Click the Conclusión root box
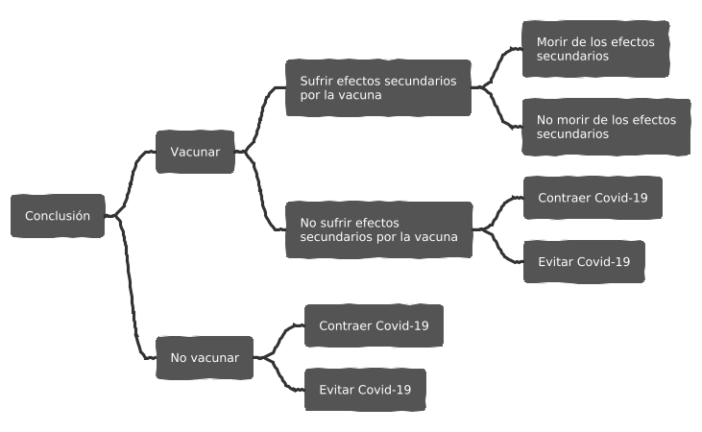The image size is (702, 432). [58, 216]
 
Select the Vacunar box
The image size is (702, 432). [195, 152]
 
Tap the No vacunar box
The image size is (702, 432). [205, 358]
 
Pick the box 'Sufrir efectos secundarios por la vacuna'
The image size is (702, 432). [377, 88]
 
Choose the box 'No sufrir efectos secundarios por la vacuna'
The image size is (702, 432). [377, 229]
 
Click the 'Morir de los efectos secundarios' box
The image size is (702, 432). [594, 49]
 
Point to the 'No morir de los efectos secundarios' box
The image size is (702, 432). [606, 127]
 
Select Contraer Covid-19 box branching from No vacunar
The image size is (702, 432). [374, 325]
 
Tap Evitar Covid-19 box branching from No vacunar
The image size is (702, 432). [365, 390]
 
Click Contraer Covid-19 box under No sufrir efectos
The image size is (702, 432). [593, 198]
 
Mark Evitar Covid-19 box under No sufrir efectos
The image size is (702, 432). [584, 261]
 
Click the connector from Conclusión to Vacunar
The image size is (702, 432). [132, 178]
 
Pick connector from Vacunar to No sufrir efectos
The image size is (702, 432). [261, 192]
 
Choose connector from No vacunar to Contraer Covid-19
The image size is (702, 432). [279, 338]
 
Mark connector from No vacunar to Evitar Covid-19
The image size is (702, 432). [279, 376]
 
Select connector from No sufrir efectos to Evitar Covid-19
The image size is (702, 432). [500, 248]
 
